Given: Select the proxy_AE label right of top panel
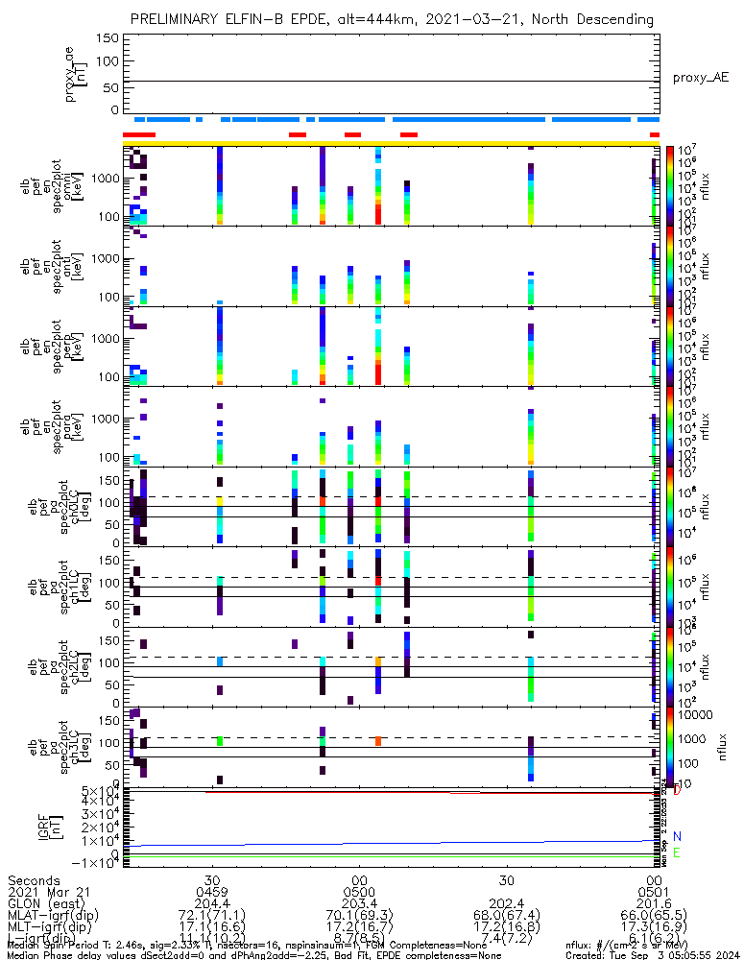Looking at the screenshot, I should pyautogui.click(x=700, y=77).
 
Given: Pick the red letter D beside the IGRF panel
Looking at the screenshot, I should pyautogui.click(x=677, y=791).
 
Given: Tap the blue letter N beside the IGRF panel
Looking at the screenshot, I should pyautogui.click(x=677, y=837).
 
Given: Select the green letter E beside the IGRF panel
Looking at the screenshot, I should pyautogui.click(x=677, y=853).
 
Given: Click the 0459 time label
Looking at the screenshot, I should pyautogui.click(x=213, y=894).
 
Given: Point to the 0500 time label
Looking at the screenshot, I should pyautogui.click(x=360, y=894).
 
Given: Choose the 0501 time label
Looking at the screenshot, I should pyautogui.click(x=654, y=894).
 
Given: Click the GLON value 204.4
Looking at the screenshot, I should pyautogui.click(x=213, y=907).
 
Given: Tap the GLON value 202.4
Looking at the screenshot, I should pyautogui.click(x=507, y=907).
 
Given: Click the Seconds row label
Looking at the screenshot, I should pyautogui.click(x=33, y=880).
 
